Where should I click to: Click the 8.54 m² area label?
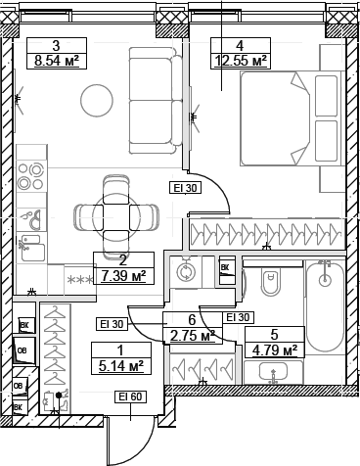57,61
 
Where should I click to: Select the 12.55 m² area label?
240,61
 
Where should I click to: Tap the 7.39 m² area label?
122,277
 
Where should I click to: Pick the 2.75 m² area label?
192,335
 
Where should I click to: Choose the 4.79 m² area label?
274,349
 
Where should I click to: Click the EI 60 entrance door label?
131,396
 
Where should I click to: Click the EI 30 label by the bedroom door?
186,188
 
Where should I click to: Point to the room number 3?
57,45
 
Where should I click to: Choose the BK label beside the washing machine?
224,267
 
